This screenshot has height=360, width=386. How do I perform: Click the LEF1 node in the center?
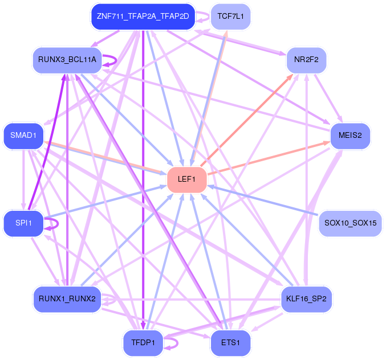pos(187,180)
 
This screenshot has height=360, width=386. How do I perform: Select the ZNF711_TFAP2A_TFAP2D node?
pos(143,17)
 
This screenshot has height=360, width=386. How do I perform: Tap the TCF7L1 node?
pos(231,17)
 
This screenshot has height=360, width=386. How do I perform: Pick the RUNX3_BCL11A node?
pos(67,60)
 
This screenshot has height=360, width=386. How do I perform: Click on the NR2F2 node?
pos(307,60)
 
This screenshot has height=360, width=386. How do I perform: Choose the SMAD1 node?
pos(23,136)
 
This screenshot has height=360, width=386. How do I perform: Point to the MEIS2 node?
pos(350,136)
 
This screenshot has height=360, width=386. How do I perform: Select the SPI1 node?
pos(23,223)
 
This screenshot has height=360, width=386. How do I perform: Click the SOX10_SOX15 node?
pos(350,223)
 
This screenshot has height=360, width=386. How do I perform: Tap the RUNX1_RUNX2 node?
pos(67,299)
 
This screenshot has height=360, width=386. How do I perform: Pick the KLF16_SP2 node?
pos(307,299)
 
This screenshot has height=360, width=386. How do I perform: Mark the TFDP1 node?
pos(143,343)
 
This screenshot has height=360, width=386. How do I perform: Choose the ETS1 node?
pos(231,343)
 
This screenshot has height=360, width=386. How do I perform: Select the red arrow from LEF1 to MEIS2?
pos(269,158)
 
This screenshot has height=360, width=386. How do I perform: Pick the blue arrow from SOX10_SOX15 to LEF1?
pos(263,201)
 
